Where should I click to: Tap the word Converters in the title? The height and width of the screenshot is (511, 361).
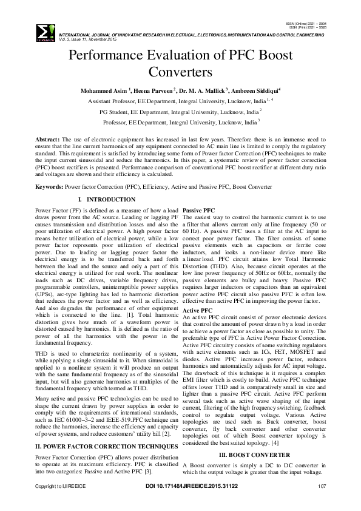point(180,73)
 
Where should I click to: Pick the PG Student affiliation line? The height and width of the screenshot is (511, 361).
point(180,112)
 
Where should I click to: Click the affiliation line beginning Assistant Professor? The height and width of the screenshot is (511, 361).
point(180,101)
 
